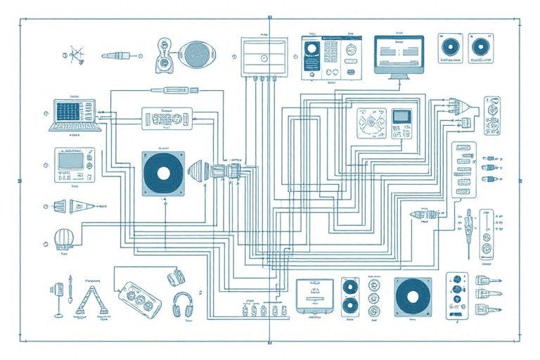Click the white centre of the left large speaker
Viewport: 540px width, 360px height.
[163, 173]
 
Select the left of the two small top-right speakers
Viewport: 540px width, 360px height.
[448, 47]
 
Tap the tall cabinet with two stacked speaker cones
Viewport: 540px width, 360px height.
[350, 297]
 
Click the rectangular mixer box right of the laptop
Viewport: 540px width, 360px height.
[167, 117]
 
